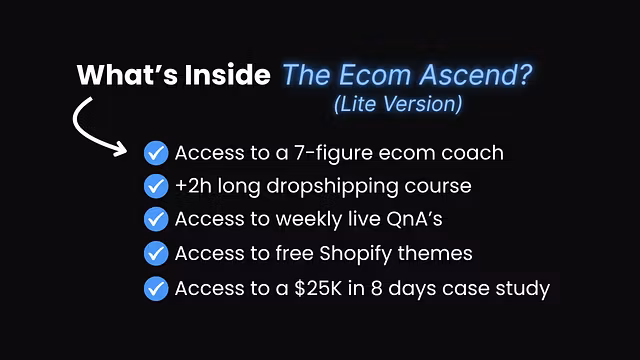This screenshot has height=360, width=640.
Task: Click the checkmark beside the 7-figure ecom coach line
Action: [x=155, y=153]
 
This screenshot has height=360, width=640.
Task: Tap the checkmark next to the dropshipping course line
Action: [x=155, y=186]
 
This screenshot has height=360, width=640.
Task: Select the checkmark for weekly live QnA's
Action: [x=155, y=220]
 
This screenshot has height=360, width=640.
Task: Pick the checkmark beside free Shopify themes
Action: [x=155, y=254]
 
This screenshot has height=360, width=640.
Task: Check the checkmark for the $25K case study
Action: [x=155, y=289]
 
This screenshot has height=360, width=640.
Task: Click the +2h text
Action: [x=190, y=186]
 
